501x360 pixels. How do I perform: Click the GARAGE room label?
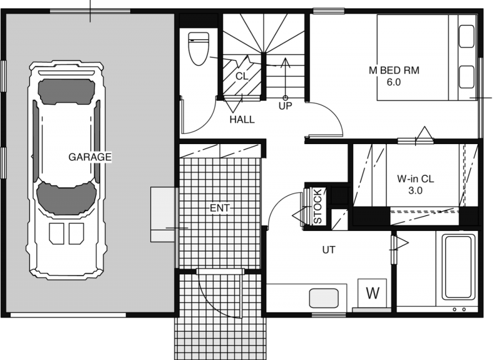pyautogui.click(x=90, y=157)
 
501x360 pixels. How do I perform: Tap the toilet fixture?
pyautogui.click(x=199, y=49)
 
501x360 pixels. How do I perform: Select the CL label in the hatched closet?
pyautogui.click(x=242, y=76)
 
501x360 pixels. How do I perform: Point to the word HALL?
pyautogui.click(x=242, y=120)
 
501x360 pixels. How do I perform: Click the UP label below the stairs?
pyautogui.click(x=286, y=106)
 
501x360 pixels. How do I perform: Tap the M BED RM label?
pyautogui.click(x=394, y=70)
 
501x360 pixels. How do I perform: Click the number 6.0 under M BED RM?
pyautogui.click(x=394, y=83)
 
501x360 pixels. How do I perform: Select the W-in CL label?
pyautogui.click(x=415, y=178)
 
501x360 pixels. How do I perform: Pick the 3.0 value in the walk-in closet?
pyautogui.click(x=415, y=191)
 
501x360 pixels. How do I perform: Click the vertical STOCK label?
pyautogui.click(x=318, y=207)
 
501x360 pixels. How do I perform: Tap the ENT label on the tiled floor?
pyautogui.click(x=220, y=208)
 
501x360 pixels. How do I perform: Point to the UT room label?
pyautogui.click(x=329, y=250)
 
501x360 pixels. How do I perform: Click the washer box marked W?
pyautogui.click(x=372, y=293)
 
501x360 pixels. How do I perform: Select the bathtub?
pyautogui.click(x=458, y=267)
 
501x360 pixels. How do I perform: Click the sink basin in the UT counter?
pyautogui.click(x=324, y=298)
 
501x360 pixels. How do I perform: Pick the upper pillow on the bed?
pyautogui.click(x=467, y=36)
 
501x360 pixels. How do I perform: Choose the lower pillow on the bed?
pyautogui.click(x=467, y=76)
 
